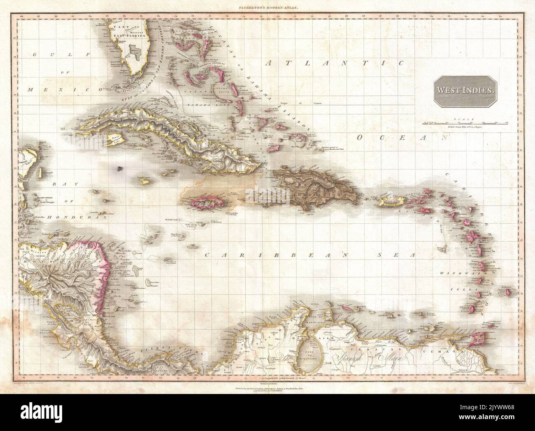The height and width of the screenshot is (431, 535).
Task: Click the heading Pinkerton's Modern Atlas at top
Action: click(x=267, y=8)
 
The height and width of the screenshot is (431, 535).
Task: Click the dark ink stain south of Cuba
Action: click(x=119, y=168)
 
